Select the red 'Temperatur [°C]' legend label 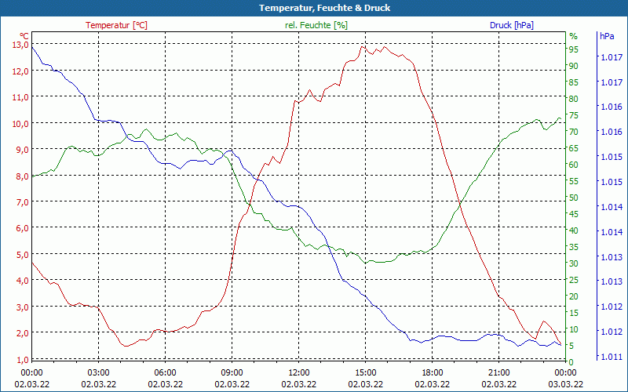[116, 25]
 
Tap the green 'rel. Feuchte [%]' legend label [316, 25]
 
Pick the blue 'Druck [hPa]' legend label [511, 25]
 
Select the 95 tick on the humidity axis [574, 49]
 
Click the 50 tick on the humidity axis [574, 198]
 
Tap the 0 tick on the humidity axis [571, 361]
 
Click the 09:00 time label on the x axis [232, 372]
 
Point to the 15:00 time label [365, 372]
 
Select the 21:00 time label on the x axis [498, 372]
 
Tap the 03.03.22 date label [565, 384]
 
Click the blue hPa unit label [607, 36]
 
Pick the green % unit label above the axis [573, 36]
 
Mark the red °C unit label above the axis [24, 36]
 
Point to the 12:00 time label [298, 372]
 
